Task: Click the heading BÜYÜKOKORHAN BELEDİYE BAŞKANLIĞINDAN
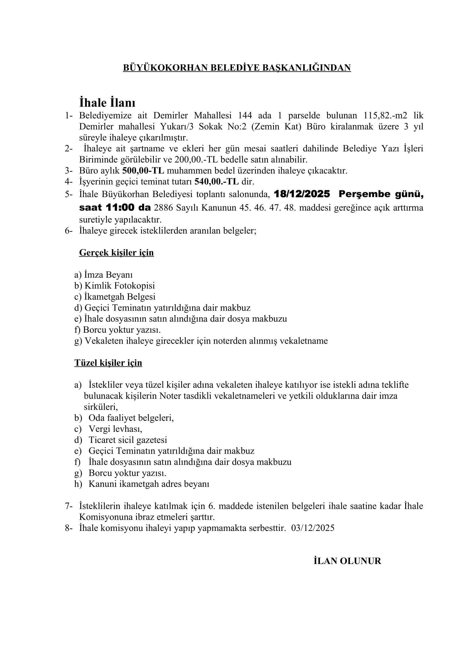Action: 237,68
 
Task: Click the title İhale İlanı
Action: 107,103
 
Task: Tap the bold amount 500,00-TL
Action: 143,171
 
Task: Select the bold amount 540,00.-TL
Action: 217,182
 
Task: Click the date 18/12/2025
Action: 302,194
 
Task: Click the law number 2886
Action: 164,208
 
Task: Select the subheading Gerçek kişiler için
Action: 116,253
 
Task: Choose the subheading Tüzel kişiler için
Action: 108,363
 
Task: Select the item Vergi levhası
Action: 115,429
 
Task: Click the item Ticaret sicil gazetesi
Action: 128,440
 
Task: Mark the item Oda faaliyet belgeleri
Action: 131,418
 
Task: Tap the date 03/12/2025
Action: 313,528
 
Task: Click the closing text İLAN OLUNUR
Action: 347,561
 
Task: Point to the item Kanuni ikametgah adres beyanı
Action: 149,484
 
